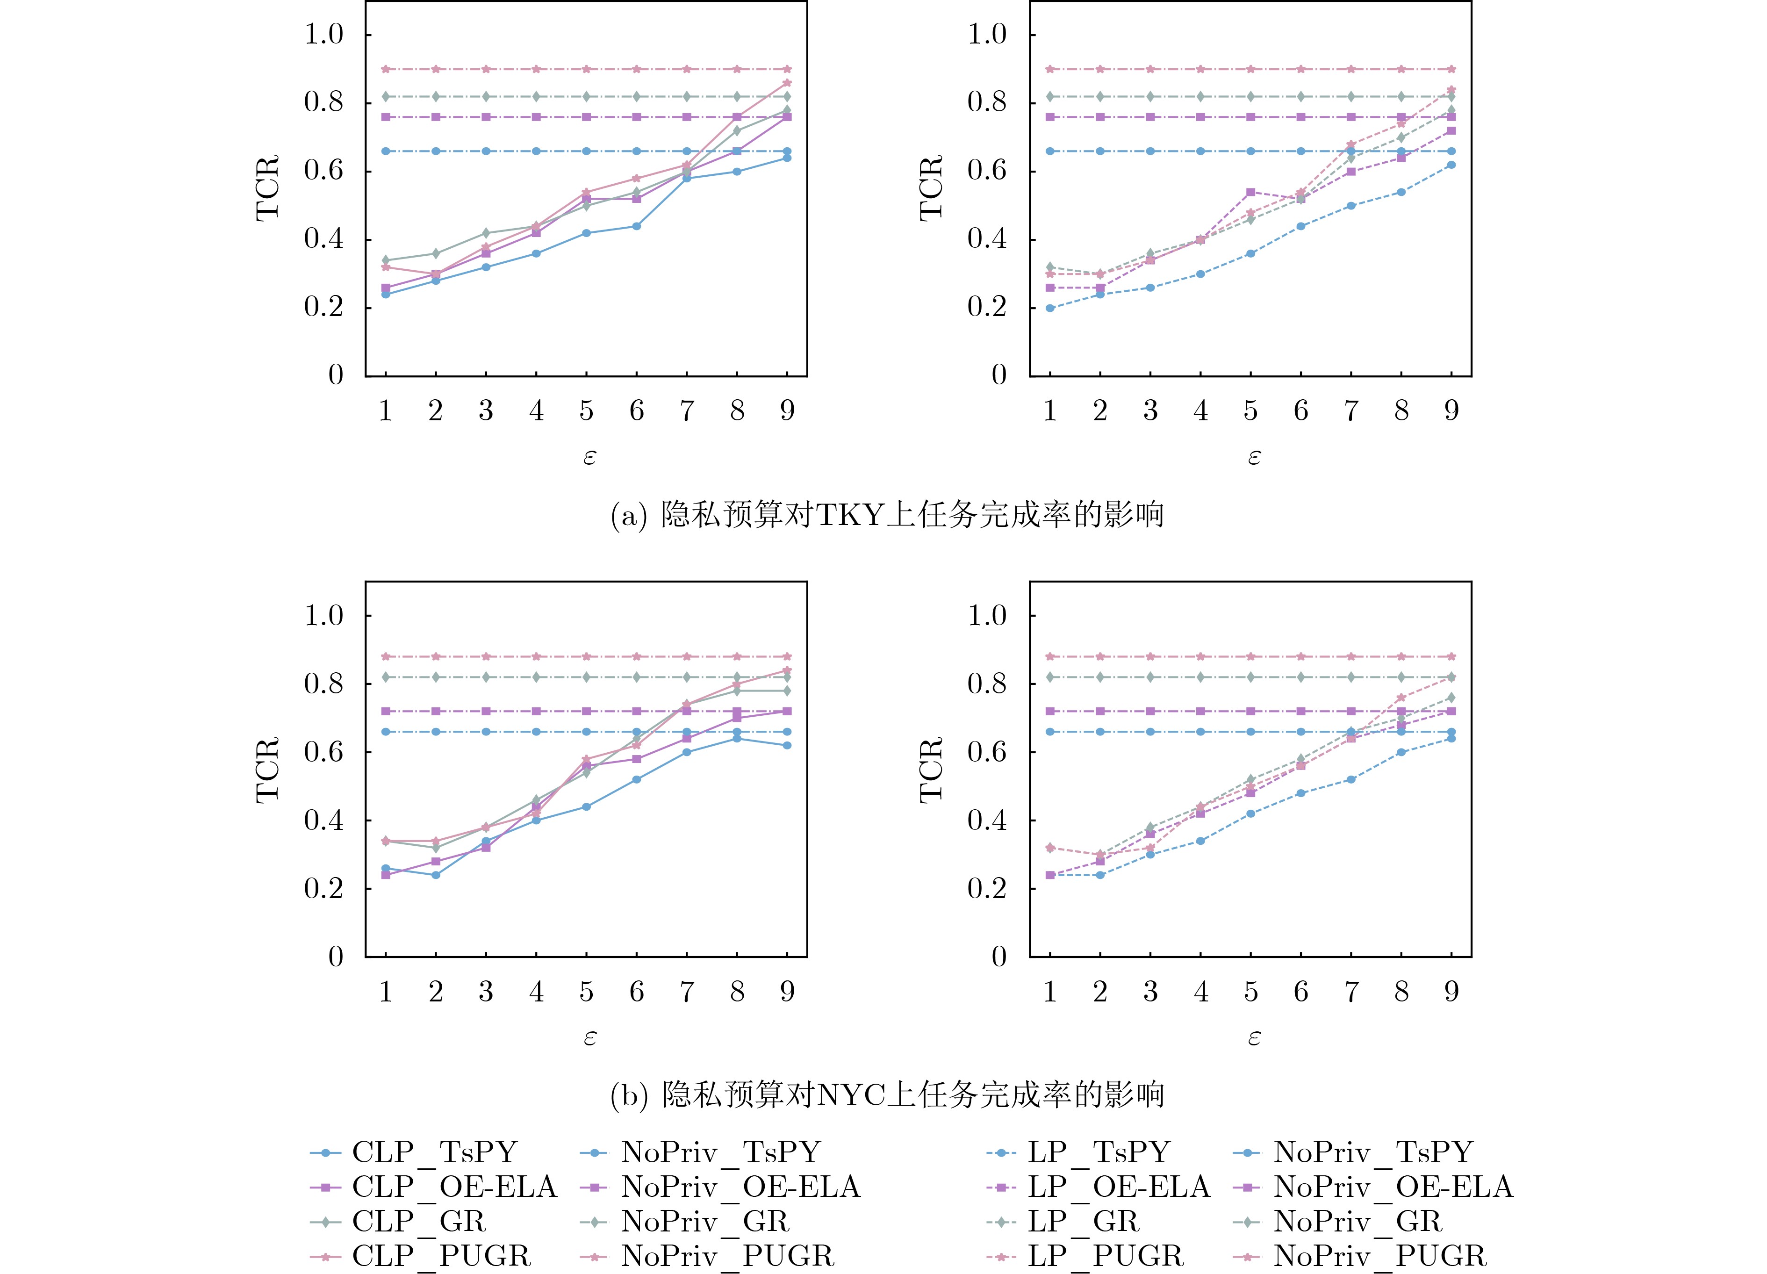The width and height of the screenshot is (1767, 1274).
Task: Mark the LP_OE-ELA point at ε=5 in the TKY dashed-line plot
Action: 1250,192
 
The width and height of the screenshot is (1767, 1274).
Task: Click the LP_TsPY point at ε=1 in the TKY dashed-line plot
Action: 1049,308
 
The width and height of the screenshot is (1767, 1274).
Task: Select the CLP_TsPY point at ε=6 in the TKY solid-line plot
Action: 637,226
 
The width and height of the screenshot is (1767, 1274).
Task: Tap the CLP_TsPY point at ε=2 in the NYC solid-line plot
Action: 436,875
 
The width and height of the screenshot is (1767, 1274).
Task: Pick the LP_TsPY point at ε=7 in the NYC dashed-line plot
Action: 1351,779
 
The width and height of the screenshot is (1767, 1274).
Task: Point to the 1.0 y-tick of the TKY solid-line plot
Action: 323,34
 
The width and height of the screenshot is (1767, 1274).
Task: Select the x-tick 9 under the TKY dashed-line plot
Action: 1451,410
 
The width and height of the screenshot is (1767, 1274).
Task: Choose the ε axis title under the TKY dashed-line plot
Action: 1254,457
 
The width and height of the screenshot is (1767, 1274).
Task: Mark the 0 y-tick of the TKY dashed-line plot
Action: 999,375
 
